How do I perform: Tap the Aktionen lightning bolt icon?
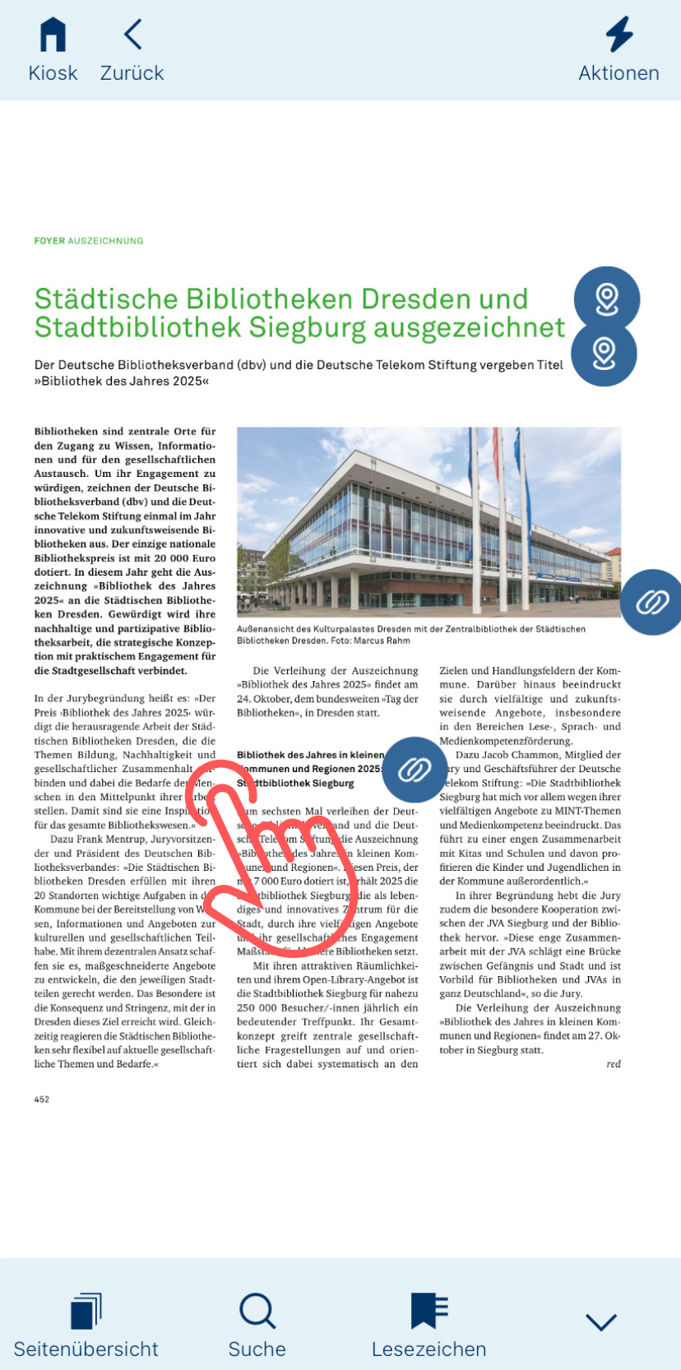tap(619, 35)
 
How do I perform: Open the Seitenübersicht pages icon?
tap(86, 1311)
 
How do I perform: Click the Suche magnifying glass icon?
tap(257, 1311)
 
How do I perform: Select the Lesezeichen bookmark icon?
tap(429, 1311)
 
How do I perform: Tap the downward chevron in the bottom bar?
tap(601, 1321)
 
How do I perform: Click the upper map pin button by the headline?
tap(607, 299)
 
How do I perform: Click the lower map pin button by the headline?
tap(604, 354)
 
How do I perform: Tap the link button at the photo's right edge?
tap(652, 602)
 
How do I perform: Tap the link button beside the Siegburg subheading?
tap(415, 770)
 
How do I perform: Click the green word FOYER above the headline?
tap(49, 241)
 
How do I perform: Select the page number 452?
tap(42, 1099)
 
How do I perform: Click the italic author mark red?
tap(614, 1064)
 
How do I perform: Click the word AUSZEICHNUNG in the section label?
tap(105, 241)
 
